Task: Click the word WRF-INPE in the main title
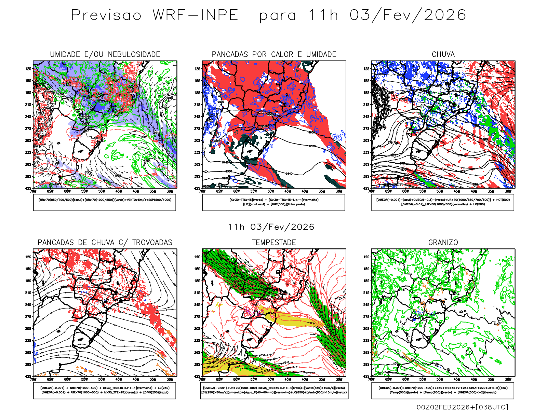pyautogui.click(x=195, y=15)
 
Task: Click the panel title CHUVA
pyautogui.click(x=443, y=54)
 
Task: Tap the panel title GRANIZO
pyautogui.click(x=443, y=243)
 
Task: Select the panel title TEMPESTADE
pyautogui.click(x=274, y=243)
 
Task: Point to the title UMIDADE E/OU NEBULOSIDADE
pyautogui.click(x=105, y=54)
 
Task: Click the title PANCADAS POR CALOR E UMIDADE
pyautogui.click(x=274, y=54)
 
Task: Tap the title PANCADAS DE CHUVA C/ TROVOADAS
pyautogui.click(x=105, y=243)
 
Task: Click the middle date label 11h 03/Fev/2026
pyautogui.click(x=271, y=227)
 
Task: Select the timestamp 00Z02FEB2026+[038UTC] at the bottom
pyautogui.click(x=462, y=407)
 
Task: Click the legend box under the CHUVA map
pyautogui.click(x=443, y=202)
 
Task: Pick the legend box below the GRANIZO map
pyautogui.click(x=443, y=390)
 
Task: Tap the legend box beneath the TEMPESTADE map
pyautogui.click(x=274, y=390)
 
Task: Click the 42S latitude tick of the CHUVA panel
pyautogui.click(x=366, y=188)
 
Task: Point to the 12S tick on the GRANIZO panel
pyautogui.click(x=366, y=257)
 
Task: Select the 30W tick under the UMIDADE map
pyautogui.click(x=170, y=191)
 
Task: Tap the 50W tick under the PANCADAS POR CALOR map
pyautogui.click(x=271, y=191)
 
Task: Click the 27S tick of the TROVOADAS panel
pyautogui.click(x=28, y=317)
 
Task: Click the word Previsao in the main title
pyautogui.click(x=106, y=15)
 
